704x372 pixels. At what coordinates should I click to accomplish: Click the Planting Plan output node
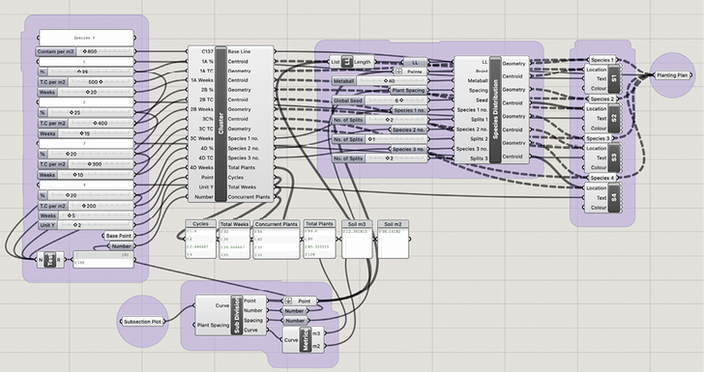click(x=671, y=74)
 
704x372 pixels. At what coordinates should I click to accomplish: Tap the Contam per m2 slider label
click(x=57, y=50)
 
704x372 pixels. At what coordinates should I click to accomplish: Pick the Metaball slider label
click(x=346, y=81)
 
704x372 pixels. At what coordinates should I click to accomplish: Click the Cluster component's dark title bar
click(x=220, y=124)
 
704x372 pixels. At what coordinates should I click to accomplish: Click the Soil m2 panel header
click(x=391, y=224)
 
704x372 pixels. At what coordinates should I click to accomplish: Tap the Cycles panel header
click(x=201, y=224)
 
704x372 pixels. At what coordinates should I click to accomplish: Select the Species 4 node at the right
click(x=601, y=178)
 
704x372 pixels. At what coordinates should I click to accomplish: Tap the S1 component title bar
click(x=614, y=79)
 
